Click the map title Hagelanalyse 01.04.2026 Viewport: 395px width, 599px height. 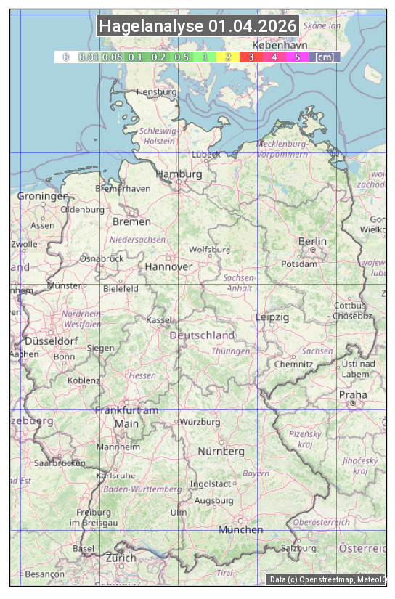[x=197, y=26]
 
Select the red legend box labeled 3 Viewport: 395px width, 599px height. [x=251, y=57]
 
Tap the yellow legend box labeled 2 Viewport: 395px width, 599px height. [x=228, y=57]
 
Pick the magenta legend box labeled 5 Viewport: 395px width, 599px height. [x=297, y=57]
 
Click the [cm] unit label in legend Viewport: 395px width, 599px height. [x=325, y=57]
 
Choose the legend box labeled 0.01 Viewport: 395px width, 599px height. [x=89, y=57]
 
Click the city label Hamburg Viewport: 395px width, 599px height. [x=179, y=174]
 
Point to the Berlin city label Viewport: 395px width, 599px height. [x=312, y=241]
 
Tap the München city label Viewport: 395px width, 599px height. [x=241, y=529]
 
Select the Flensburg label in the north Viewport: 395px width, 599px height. [x=156, y=92]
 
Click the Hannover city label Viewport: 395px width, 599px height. [x=168, y=266]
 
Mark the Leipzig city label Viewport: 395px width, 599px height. [x=272, y=317]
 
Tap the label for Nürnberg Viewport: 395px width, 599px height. [x=221, y=451]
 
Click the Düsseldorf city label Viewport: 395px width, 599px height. [x=52, y=341]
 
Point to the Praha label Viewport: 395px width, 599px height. [x=353, y=394]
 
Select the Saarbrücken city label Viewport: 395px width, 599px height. [x=60, y=462]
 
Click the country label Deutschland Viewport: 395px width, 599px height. [x=202, y=335]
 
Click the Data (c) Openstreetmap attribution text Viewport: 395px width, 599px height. [x=327, y=579]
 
